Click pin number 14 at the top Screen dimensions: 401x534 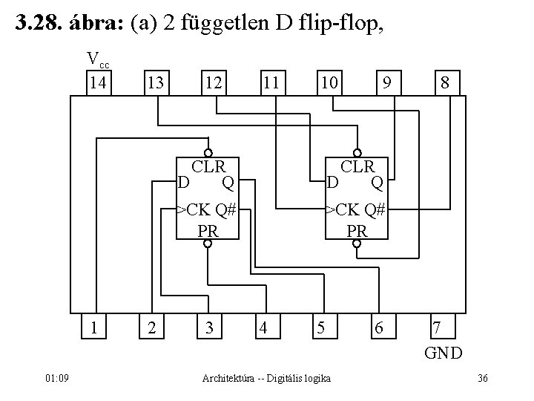[97, 82]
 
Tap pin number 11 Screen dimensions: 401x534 [270, 82]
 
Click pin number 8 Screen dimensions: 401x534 [444, 82]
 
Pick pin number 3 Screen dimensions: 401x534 [211, 326]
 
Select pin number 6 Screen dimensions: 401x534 [379, 326]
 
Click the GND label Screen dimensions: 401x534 [444, 352]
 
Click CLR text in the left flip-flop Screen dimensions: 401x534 [208, 165]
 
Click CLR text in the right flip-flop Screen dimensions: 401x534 [357, 165]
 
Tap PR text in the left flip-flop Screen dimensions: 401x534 [208, 230]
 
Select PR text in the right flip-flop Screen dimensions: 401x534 [357, 230]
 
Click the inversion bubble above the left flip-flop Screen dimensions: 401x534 [209, 147]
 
